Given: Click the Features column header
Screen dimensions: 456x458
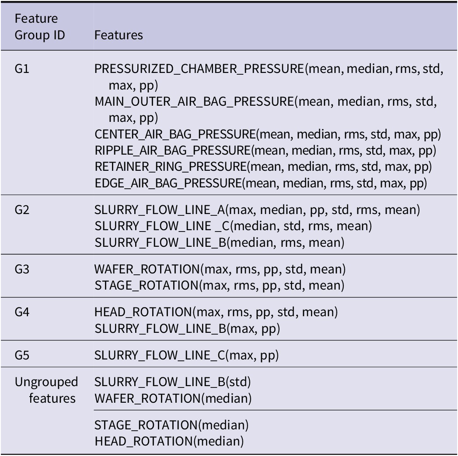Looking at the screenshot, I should click(119, 35).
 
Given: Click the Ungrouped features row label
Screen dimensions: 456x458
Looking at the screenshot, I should click(46, 390).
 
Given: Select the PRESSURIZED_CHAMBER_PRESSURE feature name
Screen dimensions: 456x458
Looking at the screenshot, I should click(199, 69).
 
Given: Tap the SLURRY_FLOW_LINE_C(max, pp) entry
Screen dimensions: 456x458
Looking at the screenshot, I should click(187, 356).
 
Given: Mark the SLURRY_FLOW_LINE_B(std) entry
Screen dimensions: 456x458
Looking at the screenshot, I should click(173, 382).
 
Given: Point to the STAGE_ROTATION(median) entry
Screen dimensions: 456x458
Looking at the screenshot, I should click(171, 425).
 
